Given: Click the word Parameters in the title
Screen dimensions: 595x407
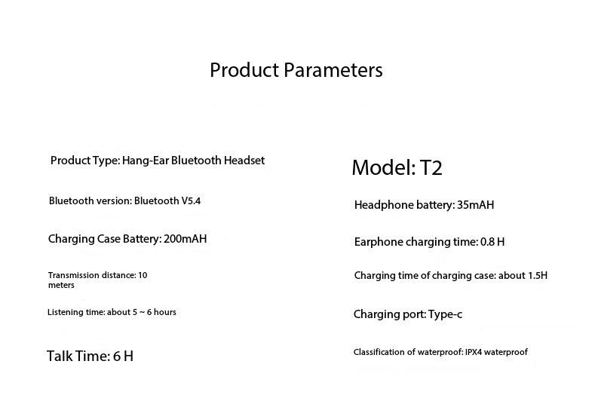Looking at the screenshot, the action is click(x=333, y=70).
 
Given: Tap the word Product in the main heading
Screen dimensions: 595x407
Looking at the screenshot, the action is click(x=244, y=70).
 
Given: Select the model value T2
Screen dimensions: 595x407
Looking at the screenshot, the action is click(x=431, y=167).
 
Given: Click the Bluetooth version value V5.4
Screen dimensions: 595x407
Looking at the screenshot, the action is click(x=191, y=200).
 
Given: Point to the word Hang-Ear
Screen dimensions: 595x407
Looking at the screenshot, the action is click(x=146, y=161).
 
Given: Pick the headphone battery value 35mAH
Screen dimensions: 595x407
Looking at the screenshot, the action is click(x=475, y=205).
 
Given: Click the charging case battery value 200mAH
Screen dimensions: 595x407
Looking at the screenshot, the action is click(x=186, y=239).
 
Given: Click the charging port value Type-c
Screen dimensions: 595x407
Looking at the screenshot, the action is click(x=445, y=314).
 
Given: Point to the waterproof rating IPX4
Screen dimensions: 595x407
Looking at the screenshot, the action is click(x=474, y=352).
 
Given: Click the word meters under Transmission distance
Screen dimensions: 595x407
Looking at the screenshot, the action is click(x=61, y=285).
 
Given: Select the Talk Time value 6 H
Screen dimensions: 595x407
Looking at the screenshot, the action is click(x=123, y=357).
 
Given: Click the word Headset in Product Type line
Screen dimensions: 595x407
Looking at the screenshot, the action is click(x=244, y=161).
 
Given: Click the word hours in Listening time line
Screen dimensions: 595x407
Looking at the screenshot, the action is click(x=164, y=312).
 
